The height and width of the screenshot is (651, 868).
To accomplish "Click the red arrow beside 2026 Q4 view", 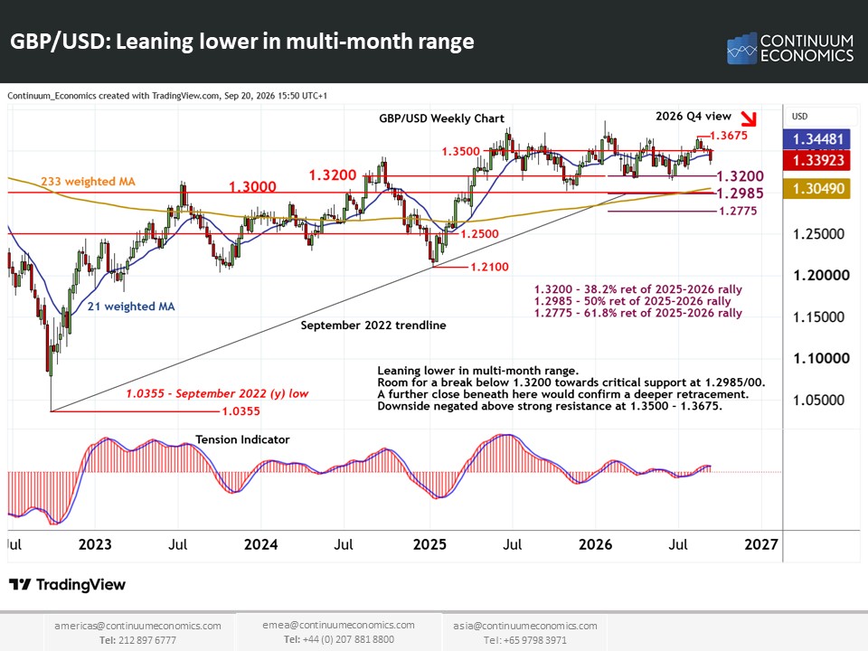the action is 749,118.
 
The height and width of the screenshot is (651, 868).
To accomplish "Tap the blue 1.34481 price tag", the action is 816,139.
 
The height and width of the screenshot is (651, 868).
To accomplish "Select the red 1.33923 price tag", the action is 816,161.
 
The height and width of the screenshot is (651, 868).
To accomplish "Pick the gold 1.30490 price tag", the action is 816,189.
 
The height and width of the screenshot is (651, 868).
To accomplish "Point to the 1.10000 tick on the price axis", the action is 822,358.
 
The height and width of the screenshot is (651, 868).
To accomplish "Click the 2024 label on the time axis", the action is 260,544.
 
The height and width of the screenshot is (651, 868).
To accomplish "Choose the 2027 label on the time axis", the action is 761,544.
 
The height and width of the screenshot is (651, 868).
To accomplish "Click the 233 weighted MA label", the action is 88,182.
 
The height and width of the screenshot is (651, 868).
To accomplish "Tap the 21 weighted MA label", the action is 131,307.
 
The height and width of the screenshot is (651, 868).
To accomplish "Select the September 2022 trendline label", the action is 373,325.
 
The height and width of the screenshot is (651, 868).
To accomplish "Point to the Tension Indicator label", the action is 242,439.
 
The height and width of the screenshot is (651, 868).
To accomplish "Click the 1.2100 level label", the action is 489,267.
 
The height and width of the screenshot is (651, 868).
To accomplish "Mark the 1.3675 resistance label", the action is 729,136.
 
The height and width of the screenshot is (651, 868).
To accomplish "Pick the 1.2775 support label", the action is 738,211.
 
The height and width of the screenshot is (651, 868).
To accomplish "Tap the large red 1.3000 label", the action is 252,186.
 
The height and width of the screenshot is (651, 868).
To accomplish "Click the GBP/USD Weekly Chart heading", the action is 442,118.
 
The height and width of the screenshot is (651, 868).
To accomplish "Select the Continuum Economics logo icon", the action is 741,48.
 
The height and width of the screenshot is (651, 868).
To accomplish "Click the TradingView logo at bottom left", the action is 68,585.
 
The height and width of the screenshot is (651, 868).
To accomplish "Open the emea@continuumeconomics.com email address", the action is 338,625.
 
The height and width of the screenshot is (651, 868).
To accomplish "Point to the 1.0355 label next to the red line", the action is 241,411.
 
